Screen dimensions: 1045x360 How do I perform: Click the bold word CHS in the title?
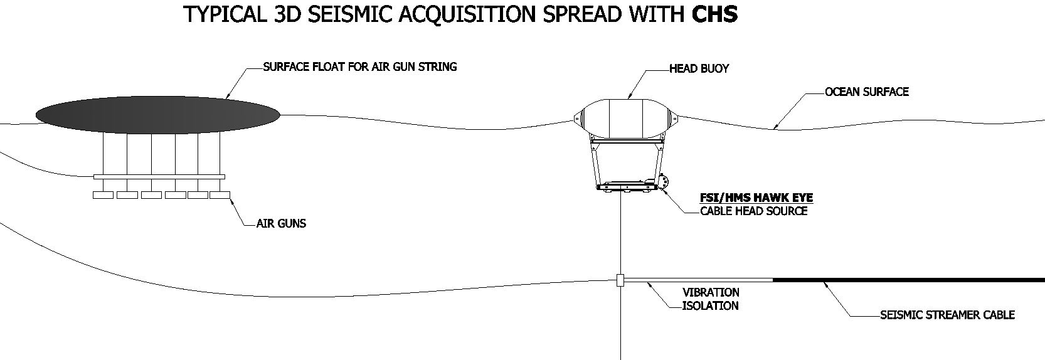(x=714, y=14)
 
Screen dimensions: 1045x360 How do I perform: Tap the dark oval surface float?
(x=157, y=115)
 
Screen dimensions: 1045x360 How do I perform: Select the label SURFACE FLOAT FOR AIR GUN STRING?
(x=359, y=66)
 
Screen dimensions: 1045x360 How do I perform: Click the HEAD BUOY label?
(x=699, y=68)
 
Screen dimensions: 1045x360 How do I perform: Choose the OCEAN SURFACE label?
(x=867, y=92)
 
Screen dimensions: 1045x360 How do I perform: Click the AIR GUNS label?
(x=281, y=223)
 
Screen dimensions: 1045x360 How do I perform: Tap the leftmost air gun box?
(x=103, y=195)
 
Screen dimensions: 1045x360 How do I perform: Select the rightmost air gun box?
(x=220, y=195)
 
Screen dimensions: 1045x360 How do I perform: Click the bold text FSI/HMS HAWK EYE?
(x=756, y=198)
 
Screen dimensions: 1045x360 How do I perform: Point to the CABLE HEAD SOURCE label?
(x=754, y=211)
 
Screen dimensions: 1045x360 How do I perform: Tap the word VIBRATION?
(x=711, y=292)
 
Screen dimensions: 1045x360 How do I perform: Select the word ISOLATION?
(x=711, y=306)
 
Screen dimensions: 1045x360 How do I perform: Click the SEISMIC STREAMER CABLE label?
(x=948, y=315)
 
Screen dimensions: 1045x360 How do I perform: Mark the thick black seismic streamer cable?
(x=909, y=280)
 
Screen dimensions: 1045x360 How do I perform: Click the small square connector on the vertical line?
(x=620, y=280)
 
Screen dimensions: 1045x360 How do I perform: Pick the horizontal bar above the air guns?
(x=159, y=177)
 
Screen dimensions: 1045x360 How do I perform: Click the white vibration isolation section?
(x=698, y=280)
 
